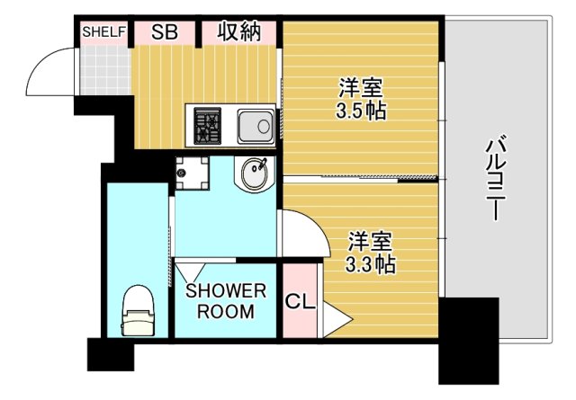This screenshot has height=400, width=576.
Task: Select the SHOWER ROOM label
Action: [226, 302]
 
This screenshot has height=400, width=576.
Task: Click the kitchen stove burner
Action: [208, 123]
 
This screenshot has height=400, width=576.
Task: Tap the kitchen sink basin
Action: [255, 123]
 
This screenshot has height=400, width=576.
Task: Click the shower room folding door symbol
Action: [190, 273]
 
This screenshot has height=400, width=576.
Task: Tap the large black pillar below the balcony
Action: [468, 340]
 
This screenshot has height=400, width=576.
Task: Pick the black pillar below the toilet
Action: [110, 354]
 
